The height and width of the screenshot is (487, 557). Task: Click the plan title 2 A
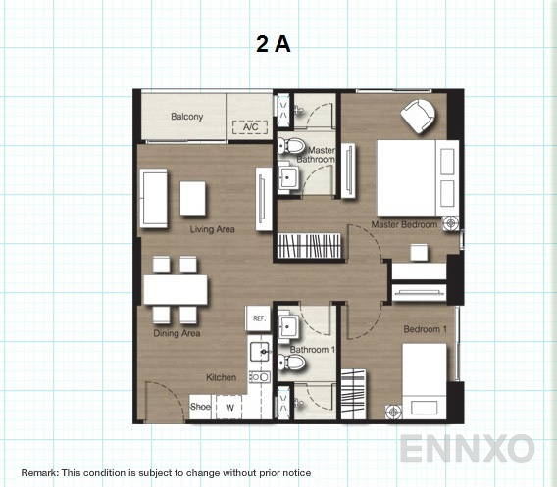pyautogui.click(x=274, y=44)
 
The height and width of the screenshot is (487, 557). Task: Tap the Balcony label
pyautogui.click(x=186, y=117)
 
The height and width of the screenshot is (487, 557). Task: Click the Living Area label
pyautogui.click(x=212, y=230)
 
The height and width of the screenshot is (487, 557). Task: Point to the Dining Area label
pyautogui.click(x=177, y=333)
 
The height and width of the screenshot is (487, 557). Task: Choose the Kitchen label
pyautogui.click(x=221, y=377)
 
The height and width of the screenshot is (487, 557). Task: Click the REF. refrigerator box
pyautogui.click(x=259, y=318)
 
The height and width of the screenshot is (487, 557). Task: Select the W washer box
pyautogui.click(x=229, y=407)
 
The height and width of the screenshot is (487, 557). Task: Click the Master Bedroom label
pyautogui.click(x=403, y=225)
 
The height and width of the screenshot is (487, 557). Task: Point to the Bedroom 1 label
pyautogui.click(x=426, y=329)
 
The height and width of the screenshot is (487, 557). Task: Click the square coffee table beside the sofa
pyautogui.click(x=193, y=198)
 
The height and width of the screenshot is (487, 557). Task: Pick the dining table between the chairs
pyautogui.click(x=176, y=289)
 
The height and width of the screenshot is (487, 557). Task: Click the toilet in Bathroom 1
pyautogui.click(x=294, y=365)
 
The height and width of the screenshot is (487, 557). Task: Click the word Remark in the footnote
pyautogui.click(x=39, y=473)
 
